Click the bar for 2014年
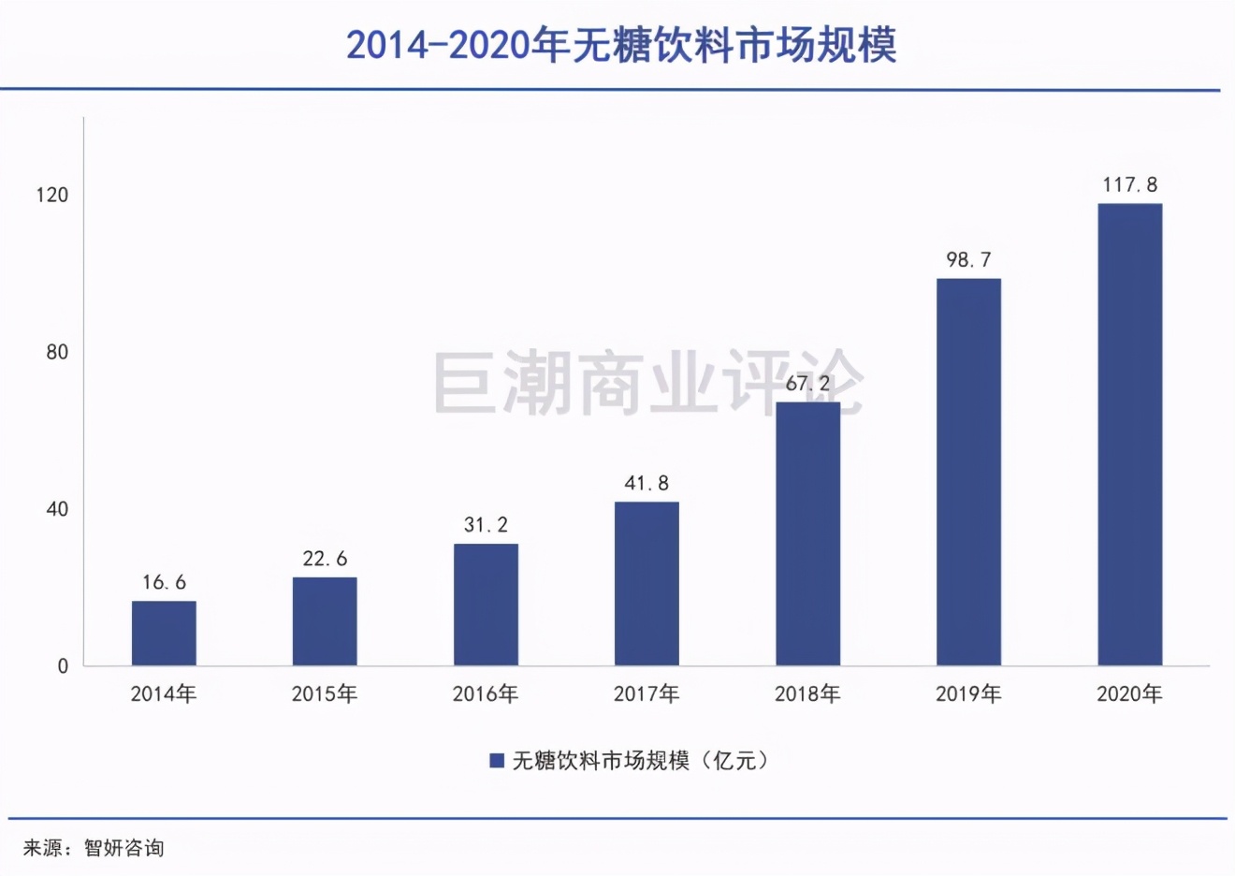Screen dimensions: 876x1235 [x=164, y=634]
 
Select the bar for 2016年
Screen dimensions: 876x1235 [x=486, y=605]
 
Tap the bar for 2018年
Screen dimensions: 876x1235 [x=807, y=533]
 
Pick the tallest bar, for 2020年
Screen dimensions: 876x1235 [x=1129, y=434]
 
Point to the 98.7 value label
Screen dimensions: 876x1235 [x=968, y=260]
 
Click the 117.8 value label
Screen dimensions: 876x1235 [x=1129, y=185]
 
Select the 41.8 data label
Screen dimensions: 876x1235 [x=647, y=484]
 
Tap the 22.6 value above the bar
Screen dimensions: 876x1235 [x=325, y=560]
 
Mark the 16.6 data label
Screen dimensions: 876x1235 [x=164, y=583]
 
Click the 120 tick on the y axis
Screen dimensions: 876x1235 [x=52, y=195]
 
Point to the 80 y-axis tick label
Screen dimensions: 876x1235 [x=57, y=352]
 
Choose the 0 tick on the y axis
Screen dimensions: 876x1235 [x=63, y=666]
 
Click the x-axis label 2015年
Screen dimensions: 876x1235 [x=325, y=694]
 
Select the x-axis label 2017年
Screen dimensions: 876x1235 [x=647, y=694]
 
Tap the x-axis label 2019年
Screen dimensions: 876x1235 [x=968, y=694]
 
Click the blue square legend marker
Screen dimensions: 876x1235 [x=497, y=761]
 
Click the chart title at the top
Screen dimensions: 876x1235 [x=621, y=45]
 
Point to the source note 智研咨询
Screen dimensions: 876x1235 [x=123, y=848]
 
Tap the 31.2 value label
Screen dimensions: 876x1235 [x=486, y=525]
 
